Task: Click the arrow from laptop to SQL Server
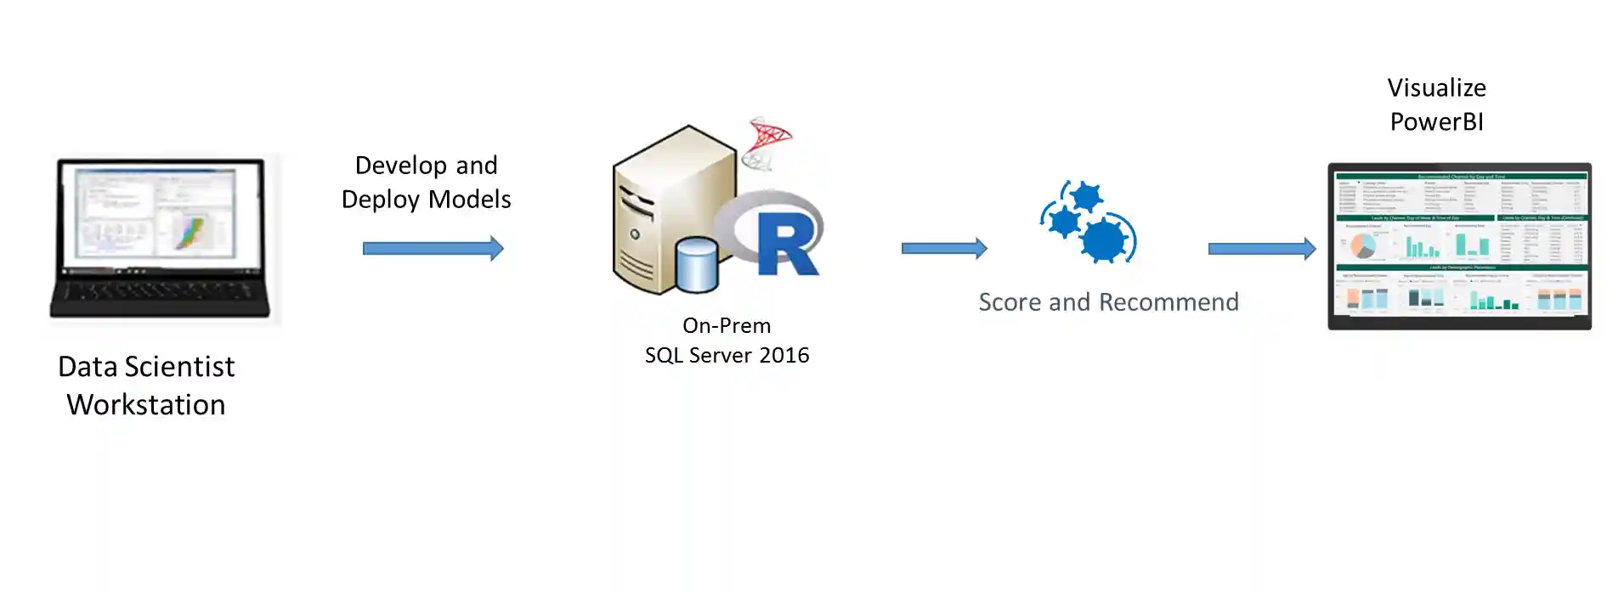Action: (433, 249)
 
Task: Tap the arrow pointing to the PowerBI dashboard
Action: (1261, 249)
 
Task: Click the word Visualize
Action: (1436, 88)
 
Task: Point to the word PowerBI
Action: (1436, 122)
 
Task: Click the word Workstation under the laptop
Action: (146, 405)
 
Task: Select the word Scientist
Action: (179, 367)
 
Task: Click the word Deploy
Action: (380, 200)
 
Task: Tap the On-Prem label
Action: (727, 326)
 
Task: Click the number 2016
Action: (784, 356)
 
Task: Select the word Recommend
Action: (1168, 302)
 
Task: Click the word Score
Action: (1010, 302)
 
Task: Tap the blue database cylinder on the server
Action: (698, 265)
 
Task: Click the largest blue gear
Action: (1105, 240)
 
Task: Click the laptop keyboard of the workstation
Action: (160, 293)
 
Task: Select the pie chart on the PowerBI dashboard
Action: (1363, 246)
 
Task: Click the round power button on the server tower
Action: (634, 234)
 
